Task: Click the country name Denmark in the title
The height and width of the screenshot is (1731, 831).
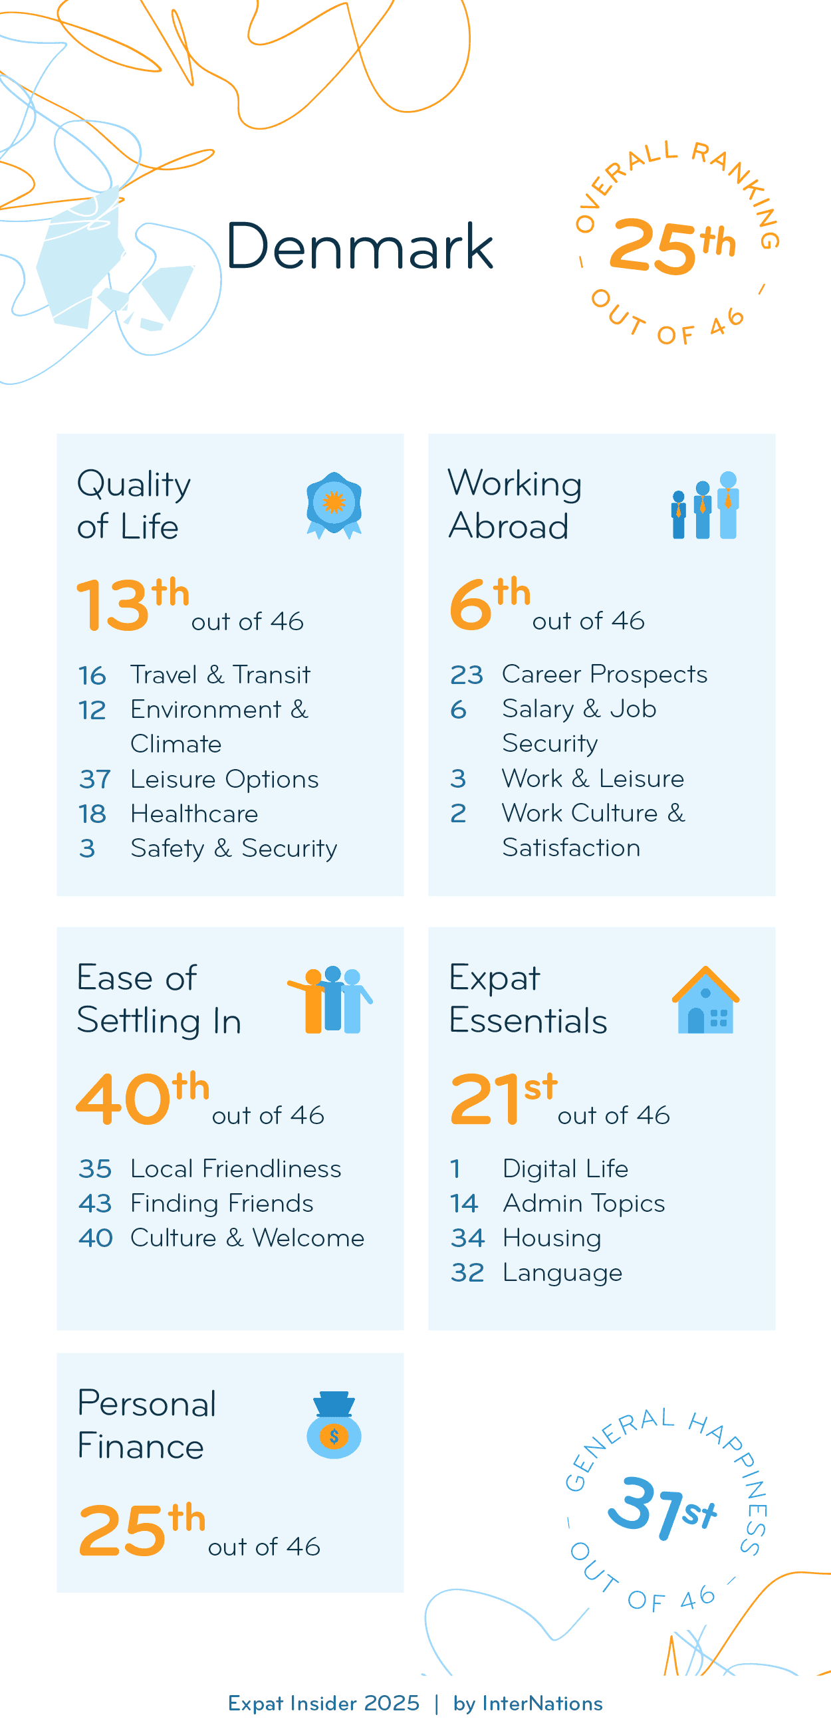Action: pos(360,247)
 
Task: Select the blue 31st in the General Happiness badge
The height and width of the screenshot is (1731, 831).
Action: pos(661,1506)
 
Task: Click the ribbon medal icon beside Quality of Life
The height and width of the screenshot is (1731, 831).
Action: pos(334,505)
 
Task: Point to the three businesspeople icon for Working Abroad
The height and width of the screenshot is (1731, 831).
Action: pos(705,505)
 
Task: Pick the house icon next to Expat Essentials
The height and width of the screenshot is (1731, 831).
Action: pos(705,1000)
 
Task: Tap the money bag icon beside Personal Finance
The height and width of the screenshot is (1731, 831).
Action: pos(334,1425)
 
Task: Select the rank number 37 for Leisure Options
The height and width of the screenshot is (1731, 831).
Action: pos(94,780)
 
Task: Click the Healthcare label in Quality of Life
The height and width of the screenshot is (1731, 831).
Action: pos(194,814)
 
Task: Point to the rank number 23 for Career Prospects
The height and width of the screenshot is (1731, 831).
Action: pos(466,675)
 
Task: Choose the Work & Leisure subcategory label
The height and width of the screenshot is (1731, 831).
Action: pos(592,778)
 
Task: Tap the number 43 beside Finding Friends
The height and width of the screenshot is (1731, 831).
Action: pos(94,1203)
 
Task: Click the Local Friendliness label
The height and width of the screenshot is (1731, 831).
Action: pos(235,1169)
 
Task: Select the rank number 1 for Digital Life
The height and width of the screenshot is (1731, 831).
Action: pos(455,1169)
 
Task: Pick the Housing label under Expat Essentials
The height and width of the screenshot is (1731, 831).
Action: pos(552,1238)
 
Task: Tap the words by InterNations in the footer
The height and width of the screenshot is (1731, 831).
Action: pos(527,1704)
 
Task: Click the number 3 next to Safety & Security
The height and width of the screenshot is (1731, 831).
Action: pos(86,849)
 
